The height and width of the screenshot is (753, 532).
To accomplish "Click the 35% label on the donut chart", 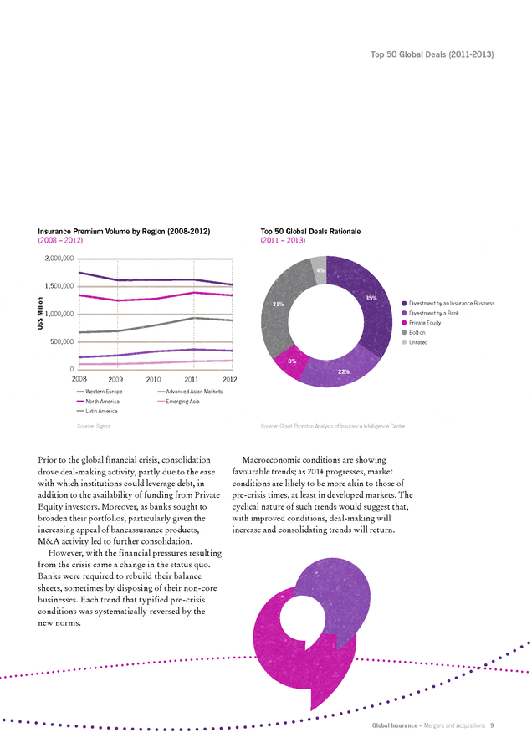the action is [x=371, y=298].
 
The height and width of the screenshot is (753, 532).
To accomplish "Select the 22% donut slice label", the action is [x=344, y=371].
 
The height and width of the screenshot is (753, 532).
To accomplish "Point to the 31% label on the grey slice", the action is [x=278, y=304].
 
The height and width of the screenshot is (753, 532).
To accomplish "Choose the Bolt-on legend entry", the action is [x=413, y=332].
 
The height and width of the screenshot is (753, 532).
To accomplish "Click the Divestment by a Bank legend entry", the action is [x=430, y=313].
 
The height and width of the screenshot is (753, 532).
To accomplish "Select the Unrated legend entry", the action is [x=414, y=342].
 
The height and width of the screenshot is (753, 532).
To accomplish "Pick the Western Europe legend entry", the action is [x=100, y=392].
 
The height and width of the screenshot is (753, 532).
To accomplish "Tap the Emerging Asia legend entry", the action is [x=179, y=402].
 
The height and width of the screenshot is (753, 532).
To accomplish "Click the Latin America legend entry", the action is [x=97, y=411].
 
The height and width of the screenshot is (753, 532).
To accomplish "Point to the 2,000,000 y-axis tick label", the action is [x=59, y=259].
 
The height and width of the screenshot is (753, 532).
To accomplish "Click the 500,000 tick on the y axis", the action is [x=63, y=341].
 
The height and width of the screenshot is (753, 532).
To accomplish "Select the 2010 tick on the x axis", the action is [x=153, y=379].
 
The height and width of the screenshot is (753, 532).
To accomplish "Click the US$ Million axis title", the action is [x=40, y=313].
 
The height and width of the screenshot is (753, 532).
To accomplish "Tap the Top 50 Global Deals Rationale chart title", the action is [x=310, y=232].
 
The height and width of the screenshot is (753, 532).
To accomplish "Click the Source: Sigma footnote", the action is [x=94, y=426].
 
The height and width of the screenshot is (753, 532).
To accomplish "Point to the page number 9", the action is [x=492, y=725].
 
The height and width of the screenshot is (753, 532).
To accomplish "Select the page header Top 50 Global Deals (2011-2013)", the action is [x=432, y=54].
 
